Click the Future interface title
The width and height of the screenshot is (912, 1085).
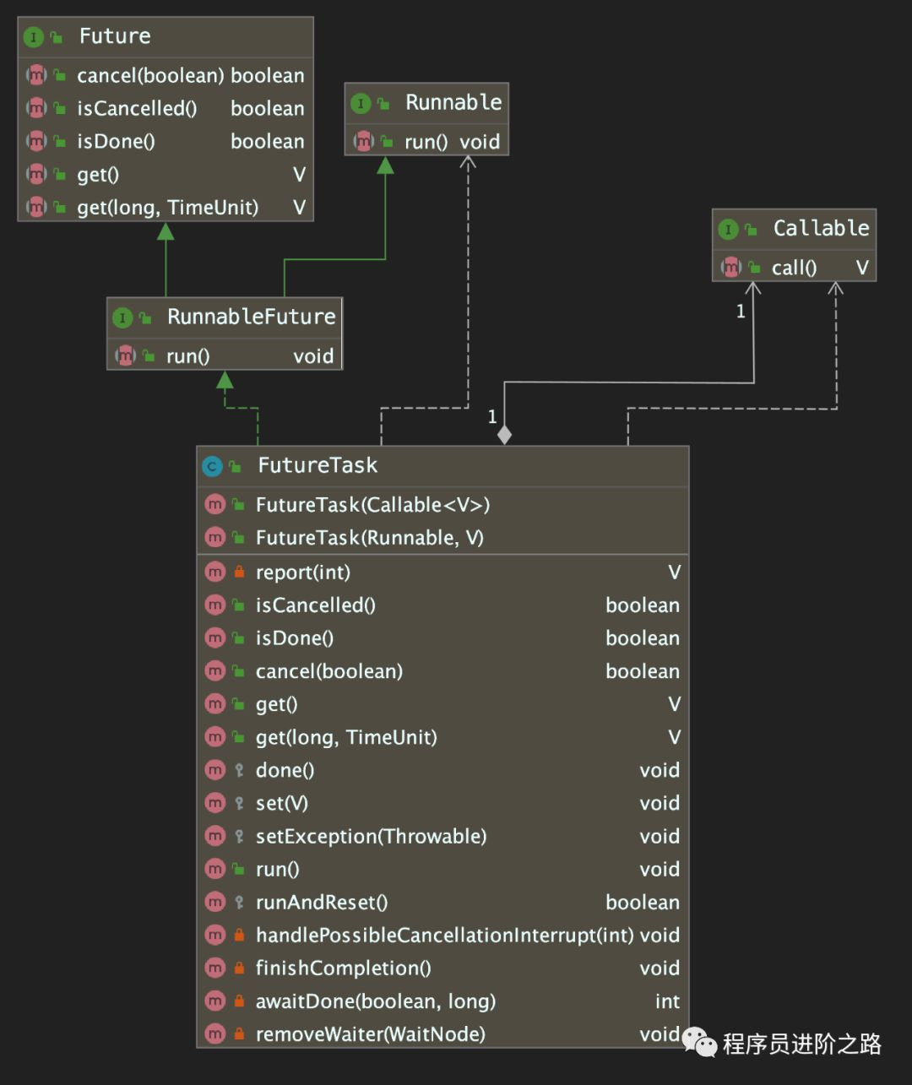pyautogui.click(x=115, y=36)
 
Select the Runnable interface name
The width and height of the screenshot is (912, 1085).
pyautogui.click(x=453, y=102)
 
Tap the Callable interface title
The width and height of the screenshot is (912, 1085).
pyautogui.click(x=821, y=228)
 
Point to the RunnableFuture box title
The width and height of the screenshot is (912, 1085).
pyautogui.click(x=251, y=317)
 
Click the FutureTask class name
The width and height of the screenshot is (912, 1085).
pyautogui.click(x=318, y=465)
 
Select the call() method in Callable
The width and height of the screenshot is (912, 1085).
pyautogui.click(x=794, y=268)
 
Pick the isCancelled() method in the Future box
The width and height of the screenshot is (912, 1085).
pyautogui.click(x=137, y=108)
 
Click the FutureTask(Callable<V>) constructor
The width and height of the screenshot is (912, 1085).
pyautogui.click(x=372, y=505)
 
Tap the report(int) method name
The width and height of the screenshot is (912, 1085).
pyautogui.click(x=302, y=572)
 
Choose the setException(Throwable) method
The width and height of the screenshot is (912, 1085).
pyautogui.click(x=371, y=836)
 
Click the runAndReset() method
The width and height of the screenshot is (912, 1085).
pyautogui.click(x=321, y=902)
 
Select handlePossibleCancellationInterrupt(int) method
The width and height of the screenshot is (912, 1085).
pyautogui.click(x=444, y=935)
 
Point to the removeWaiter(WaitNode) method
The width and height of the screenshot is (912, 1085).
pyautogui.click(x=370, y=1033)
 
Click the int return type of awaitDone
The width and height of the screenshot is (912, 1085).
pyautogui.click(x=667, y=1001)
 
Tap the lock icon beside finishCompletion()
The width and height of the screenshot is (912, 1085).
pyautogui.click(x=239, y=968)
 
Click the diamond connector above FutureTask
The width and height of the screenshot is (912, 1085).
pyautogui.click(x=504, y=435)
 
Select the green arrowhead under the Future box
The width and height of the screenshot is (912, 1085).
pyautogui.click(x=166, y=231)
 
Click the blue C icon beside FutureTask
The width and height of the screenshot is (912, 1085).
pyautogui.click(x=212, y=466)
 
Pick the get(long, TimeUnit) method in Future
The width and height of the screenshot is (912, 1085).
pyautogui.click(x=167, y=208)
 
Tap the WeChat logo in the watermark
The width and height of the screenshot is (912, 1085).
pyautogui.click(x=700, y=1043)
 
